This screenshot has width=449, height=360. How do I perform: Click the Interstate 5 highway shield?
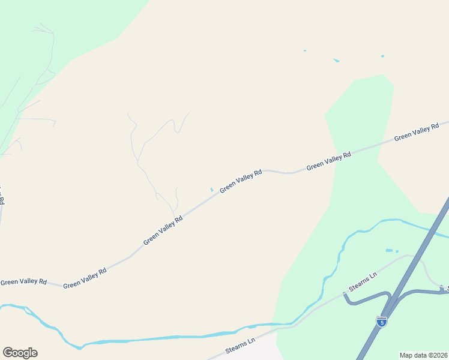pyautogui.click(x=381, y=322)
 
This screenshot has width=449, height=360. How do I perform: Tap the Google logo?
pyautogui.click(x=20, y=353)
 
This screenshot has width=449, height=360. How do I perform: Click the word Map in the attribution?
pyautogui.click(x=406, y=355)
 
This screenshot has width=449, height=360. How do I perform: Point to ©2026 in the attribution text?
pyautogui.click(x=436, y=355)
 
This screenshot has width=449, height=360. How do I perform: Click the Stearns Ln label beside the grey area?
pyautogui.click(x=241, y=347)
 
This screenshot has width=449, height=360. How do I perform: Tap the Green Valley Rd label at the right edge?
pyautogui.click(x=417, y=133)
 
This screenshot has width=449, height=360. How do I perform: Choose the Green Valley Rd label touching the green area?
pyautogui.click(x=328, y=161)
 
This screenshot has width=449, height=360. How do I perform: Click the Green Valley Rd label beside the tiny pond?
pyautogui.click(x=241, y=181)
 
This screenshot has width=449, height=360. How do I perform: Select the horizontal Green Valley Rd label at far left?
pyautogui.click(x=23, y=281)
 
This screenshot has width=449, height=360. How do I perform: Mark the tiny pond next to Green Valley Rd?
pyautogui.click(x=211, y=190)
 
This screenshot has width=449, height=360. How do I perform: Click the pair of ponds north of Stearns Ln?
pyautogui.click(x=391, y=251)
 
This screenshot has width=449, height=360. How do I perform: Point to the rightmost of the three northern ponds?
pyautogui.click(x=382, y=56)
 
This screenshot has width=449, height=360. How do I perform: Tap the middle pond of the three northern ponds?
pyautogui.click(x=336, y=61)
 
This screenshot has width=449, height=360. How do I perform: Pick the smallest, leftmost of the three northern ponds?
pyautogui.click(x=305, y=50)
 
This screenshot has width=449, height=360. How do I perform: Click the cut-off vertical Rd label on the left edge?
pyautogui.click(x=2, y=197)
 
